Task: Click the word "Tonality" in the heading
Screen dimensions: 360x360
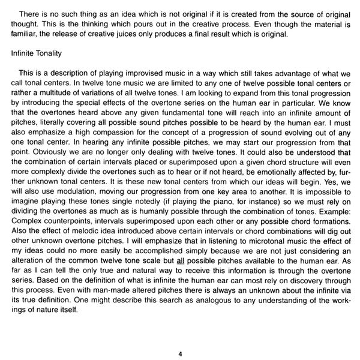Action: pos(46,53)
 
